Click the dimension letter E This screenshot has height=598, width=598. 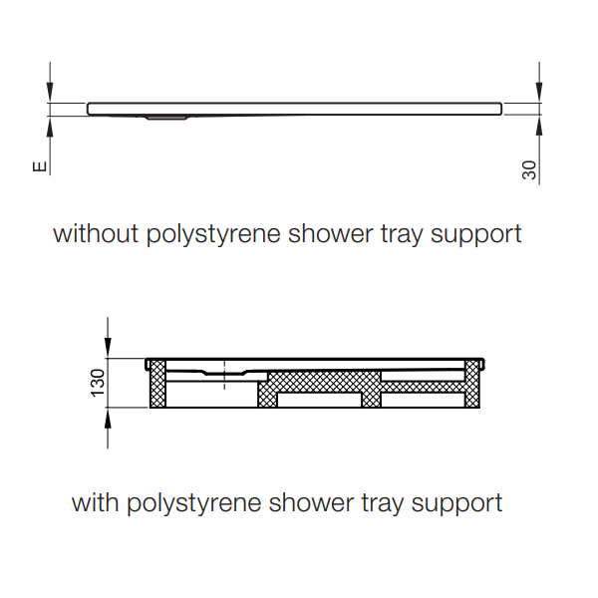(40, 166)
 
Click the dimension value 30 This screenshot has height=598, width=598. (529, 170)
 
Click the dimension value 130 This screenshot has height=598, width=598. (98, 383)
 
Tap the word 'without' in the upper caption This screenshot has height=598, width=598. (96, 234)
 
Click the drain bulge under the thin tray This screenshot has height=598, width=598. (166, 117)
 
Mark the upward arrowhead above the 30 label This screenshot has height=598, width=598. (539, 126)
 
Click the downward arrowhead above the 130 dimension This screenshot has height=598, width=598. (108, 348)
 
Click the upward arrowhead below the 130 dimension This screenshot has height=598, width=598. (108, 419)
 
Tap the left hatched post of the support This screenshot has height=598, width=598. (157, 384)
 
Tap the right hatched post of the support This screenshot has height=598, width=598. (472, 384)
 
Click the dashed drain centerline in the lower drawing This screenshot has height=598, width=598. (224, 374)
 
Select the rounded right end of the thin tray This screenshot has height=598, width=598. (499, 109)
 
